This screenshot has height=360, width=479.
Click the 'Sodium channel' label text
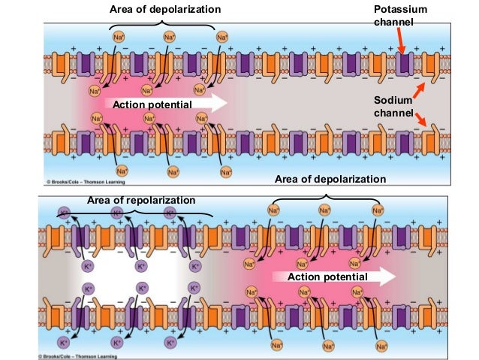(393, 106)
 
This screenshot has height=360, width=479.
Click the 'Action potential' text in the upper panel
(152, 104)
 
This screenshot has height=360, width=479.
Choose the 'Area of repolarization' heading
(141, 200)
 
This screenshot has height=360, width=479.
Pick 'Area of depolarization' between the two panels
(330, 179)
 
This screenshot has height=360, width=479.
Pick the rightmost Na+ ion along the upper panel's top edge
(222, 35)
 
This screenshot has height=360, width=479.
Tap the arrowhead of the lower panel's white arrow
(389, 277)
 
